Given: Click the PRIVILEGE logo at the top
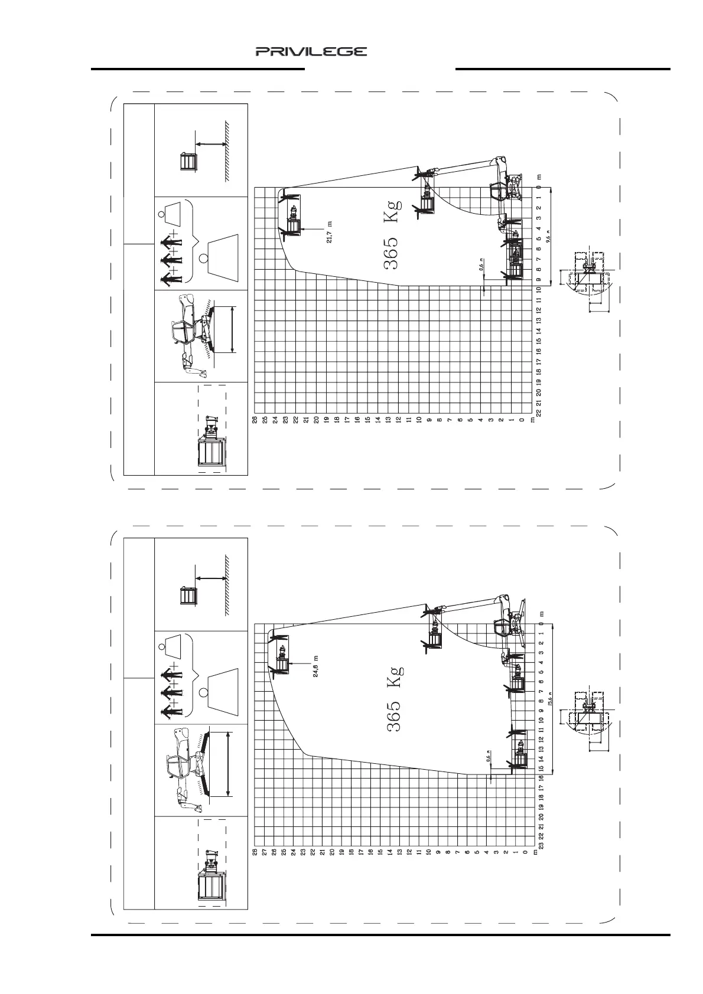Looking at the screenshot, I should click(x=311, y=52).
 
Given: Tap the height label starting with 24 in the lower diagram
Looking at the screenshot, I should click(x=316, y=666).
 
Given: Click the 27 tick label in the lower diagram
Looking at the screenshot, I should click(x=265, y=852).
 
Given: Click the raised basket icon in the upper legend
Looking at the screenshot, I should click(x=188, y=161).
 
